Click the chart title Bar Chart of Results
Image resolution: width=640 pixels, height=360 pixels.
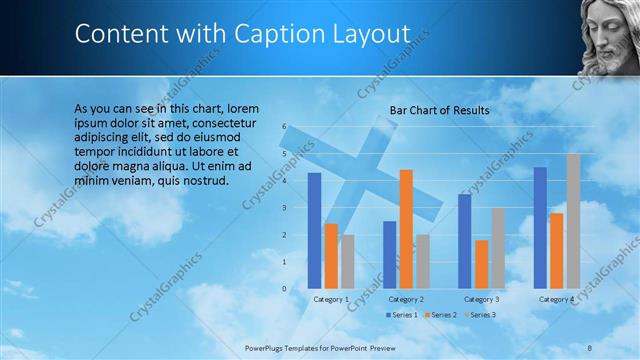[439, 109]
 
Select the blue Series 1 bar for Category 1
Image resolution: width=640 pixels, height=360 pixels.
[314, 230]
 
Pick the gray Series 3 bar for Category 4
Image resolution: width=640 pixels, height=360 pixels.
[573, 221]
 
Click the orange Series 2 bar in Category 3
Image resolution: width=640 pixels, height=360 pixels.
[482, 264]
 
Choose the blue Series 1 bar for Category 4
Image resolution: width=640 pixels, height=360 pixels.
[540, 228]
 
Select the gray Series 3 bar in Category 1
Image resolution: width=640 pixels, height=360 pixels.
[347, 262]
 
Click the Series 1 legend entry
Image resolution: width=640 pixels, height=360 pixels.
[403, 315]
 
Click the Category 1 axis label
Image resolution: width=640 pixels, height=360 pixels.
[331, 299]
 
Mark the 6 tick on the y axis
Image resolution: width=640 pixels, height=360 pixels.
[285, 126]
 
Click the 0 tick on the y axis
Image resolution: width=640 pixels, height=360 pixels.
[285, 289]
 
